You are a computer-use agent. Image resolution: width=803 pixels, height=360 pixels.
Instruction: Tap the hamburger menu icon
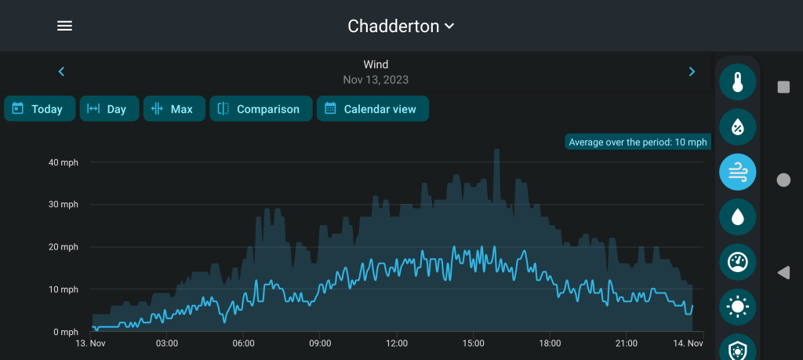tap(64, 26)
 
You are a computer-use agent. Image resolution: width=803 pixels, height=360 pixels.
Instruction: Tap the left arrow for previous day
tap(61, 71)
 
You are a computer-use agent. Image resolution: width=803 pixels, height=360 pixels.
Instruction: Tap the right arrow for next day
tap(692, 71)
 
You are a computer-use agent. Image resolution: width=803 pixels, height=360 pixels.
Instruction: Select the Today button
tap(39, 109)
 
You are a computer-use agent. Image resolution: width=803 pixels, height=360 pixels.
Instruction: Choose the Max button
tap(173, 109)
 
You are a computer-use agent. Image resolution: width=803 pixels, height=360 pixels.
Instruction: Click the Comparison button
tap(260, 109)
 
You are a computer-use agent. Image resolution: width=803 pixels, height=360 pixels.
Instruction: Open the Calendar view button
tap(372, 109)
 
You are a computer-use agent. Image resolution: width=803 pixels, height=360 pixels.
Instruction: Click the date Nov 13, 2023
tap(376, 79)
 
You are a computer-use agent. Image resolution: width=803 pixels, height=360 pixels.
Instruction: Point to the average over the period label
tap(638, 142)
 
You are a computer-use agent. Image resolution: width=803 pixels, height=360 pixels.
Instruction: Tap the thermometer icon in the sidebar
tap(737, 82)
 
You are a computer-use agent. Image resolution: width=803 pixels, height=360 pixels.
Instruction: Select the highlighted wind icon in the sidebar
tap(737, 173)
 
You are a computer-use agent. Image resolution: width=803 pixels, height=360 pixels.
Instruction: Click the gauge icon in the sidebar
tap(737, 262)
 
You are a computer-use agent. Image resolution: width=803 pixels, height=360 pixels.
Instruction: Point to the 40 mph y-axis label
tap(64, 162)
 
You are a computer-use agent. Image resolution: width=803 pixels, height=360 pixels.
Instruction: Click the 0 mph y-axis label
tap(65, 332)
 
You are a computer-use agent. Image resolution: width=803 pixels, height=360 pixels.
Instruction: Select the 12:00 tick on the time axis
tap(397, 344)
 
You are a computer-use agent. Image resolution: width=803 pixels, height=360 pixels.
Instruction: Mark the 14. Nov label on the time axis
tap(687, 344)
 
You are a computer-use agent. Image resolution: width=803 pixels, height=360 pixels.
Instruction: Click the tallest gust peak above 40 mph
tap(496, 151)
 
